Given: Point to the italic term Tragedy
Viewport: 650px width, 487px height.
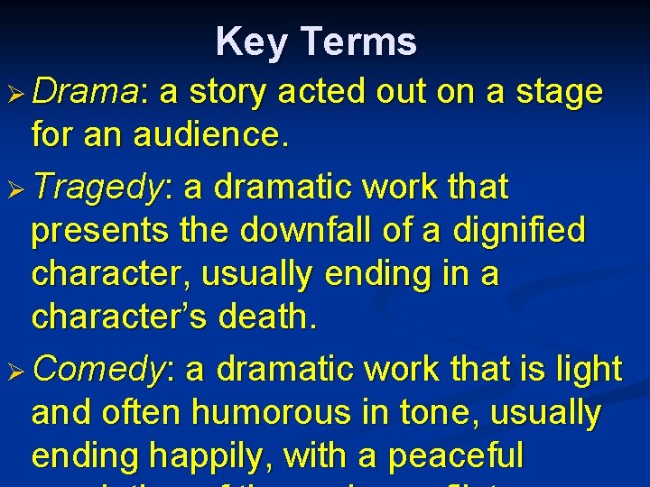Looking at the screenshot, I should [99, 188].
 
